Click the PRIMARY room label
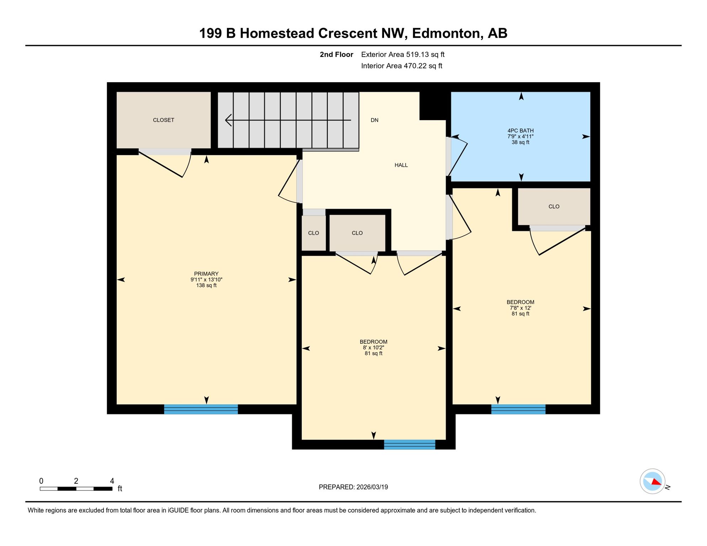coord(206,274)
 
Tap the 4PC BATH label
coord(520,131)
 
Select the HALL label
coord(401,165)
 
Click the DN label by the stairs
coord(374,120)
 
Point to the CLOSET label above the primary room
coord(164,120)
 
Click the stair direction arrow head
coord(228,120)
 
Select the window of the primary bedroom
coord(201,409)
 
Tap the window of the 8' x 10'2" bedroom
coord(410,444)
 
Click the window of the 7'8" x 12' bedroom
coord(518,409)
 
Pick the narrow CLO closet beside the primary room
coord(313,233)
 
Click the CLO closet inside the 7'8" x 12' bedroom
coord(554,207)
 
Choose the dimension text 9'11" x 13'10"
coord(206,280)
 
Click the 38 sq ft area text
coord(520,143)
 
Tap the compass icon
coord(652,481)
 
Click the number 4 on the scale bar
coord(112,481)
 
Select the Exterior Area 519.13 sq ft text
coord(403,54)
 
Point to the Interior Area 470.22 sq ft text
coord(402,66)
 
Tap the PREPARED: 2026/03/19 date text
coord(353,487)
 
